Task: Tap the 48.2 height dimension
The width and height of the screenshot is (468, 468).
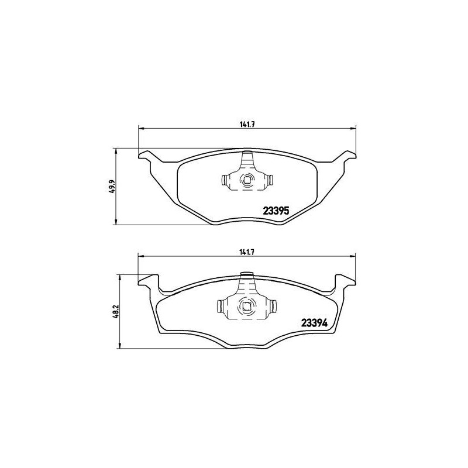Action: click(x=115, y=311)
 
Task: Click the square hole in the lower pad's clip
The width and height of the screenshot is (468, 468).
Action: click(x=246, y=305)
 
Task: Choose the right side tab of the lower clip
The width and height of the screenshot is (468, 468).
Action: click(x=273, y=305)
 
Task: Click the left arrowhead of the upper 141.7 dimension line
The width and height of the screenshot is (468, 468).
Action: click(x=140, y=128)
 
